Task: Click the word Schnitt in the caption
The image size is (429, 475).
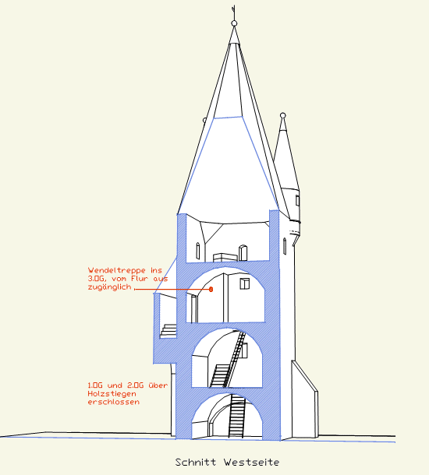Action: click(x=195, y=463)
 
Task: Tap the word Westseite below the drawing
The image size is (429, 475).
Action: click(x=251, y=463)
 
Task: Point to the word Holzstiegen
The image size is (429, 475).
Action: click(x=112, y=394)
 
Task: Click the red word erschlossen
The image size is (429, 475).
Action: click(x=114, y=402)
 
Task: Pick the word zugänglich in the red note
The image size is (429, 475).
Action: click(x=109, y=287)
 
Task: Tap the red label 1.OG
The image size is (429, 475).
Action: click(x=95, y=385)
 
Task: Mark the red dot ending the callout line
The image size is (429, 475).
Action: click(x=211, y=290)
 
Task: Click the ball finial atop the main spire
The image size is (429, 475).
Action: click(x=234, y=23)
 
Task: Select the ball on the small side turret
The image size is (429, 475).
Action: click(x=283, y=115)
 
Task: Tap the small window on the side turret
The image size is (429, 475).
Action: click(x=297, y=201)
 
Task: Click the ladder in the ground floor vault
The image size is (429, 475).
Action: click(x=236, y=416)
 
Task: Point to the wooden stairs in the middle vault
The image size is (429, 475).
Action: click(x=229, y=360)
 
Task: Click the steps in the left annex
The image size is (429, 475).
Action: click(x=168, y=331)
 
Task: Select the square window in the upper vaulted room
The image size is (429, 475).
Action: click(x=245, y=283)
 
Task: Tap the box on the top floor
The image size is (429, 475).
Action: click(x=225, y=257)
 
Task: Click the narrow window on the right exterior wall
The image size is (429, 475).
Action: click(x=285, y=246)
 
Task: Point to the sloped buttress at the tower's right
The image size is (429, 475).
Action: click(x=305, y=399)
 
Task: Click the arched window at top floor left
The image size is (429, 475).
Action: click(x=198, y=251)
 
